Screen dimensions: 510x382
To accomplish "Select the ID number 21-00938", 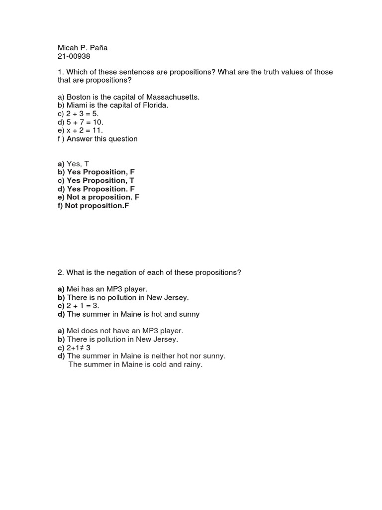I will (x=74, y=56).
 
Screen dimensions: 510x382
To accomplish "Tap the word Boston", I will (x=79, y=97).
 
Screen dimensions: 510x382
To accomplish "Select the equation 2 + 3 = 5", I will (x=83, y=114).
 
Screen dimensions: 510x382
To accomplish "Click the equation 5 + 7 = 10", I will (x=85, y=122).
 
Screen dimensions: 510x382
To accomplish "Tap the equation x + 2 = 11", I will (x=85, y=130).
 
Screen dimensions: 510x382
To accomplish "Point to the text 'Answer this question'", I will (x=102, y=139).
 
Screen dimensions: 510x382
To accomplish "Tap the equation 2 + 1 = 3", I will (x=83, y=306).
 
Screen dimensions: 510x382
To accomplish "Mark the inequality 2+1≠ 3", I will (x=79, y=348).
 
